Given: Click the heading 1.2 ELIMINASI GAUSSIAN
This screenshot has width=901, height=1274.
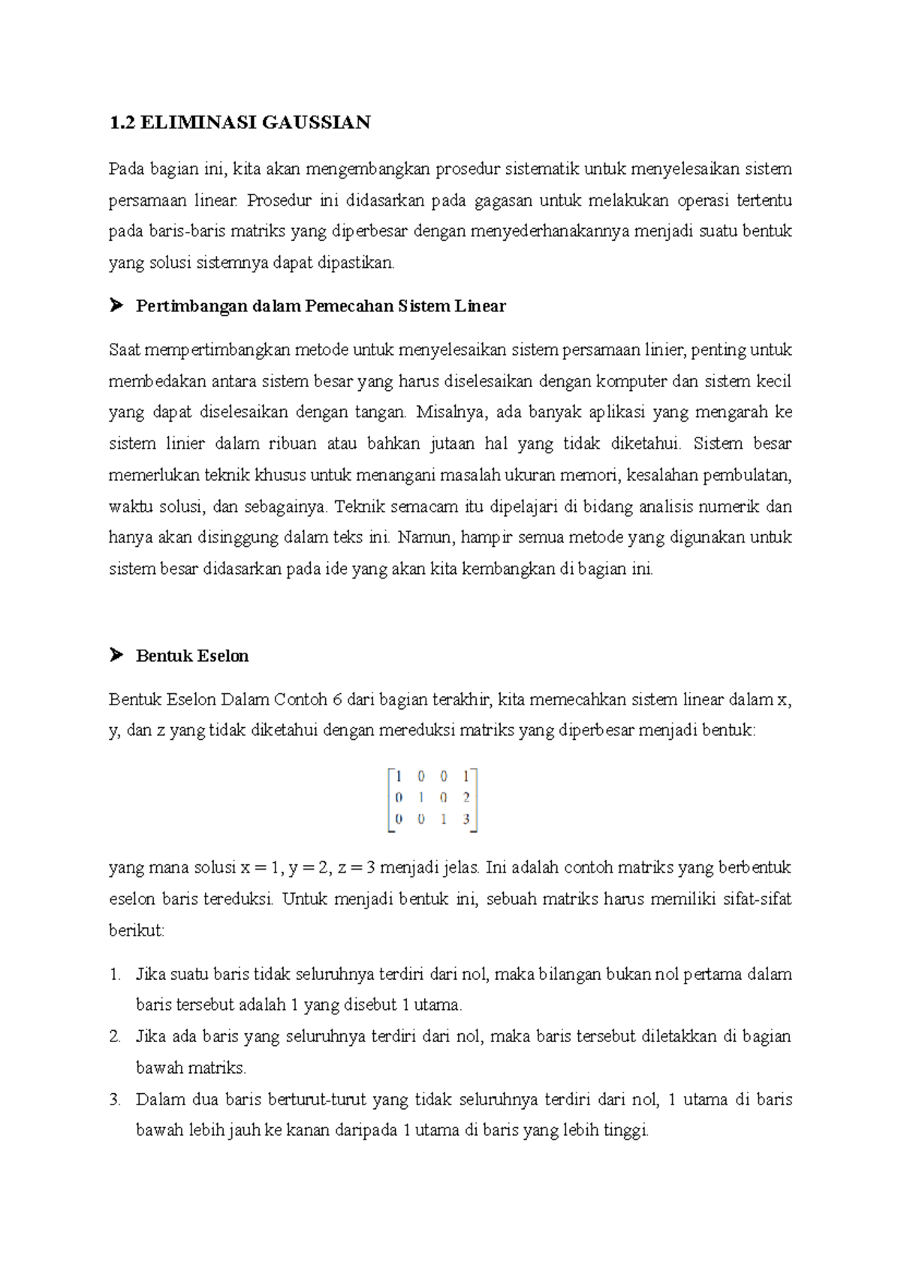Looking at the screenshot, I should tap(240, 122).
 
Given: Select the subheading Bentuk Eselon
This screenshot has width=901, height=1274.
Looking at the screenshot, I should tap(191, 656).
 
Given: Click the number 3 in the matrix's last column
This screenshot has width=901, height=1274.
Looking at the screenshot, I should tap(466, 819).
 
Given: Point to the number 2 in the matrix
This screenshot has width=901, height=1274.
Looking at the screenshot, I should tap(466, 798).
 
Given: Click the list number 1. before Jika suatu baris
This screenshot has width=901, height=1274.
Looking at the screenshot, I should tap(115, 974).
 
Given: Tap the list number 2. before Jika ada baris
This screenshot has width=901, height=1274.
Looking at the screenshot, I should tap(115, 1036).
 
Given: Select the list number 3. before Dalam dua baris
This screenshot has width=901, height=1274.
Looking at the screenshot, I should tap(115, 1099).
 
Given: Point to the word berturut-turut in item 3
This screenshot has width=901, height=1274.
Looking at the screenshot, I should tap(316, 1099).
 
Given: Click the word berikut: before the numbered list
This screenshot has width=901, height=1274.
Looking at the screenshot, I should tap(136, 930).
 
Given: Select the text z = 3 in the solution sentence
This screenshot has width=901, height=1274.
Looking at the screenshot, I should tap(356, 868).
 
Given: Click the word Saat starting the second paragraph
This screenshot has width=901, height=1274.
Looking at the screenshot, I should tap(124, 350).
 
